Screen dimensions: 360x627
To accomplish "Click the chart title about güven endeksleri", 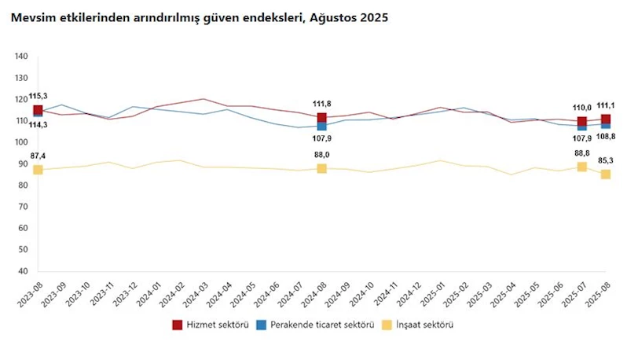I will [x=200, y=17].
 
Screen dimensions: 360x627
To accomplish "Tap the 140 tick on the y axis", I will [x=21, y=57].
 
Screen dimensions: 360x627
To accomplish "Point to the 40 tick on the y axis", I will [x=24, y=271].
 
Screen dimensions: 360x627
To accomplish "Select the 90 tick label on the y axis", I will [x=24, y=163].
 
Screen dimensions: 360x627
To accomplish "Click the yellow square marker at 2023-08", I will [x=38, y=170].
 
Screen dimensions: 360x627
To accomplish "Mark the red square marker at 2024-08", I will [x=322, y=118].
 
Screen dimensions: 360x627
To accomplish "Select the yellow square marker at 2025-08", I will [x=606, y=174].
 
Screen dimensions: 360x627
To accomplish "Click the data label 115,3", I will [x=38, y=96].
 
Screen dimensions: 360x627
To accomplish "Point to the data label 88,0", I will [x=322, y=155].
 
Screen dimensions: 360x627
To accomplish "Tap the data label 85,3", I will [x=606, y=160].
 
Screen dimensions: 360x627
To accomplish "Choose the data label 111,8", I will [x=322, y=103].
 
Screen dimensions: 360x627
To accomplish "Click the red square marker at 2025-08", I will [x=606, y=119].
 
